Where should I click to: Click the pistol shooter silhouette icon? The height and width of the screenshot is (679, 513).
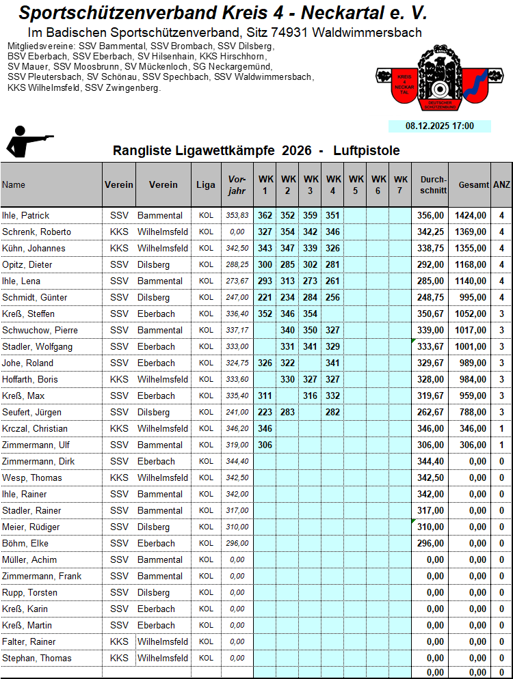pos(27,142)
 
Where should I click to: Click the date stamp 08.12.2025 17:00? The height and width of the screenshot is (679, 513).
pos(440,126)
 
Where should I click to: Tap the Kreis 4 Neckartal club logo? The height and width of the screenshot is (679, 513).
pos(432,80)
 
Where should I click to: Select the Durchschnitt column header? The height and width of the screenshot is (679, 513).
pos(433,184)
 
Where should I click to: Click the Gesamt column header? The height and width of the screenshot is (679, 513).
pos(473,184)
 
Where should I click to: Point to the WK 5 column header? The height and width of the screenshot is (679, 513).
pos(355,184)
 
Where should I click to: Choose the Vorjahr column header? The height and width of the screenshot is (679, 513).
pos(236,184)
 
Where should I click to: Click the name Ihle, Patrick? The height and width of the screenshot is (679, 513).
pos(26,215)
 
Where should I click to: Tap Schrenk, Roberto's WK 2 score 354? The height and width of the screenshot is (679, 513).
pos(287,232)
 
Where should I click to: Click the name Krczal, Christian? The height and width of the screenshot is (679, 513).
pos(35,428)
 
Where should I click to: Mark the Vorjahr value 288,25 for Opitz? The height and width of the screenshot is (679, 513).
pos(237,264)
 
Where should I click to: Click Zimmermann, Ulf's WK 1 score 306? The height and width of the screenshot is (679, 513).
pos(265,445)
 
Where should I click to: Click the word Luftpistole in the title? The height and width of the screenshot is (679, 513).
pos(367,150)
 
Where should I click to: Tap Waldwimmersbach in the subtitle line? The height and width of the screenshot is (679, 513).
pos(371,32)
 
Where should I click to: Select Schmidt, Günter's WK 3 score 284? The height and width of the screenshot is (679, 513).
pos(310,297)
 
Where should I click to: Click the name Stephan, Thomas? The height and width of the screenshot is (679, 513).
pos(36,658)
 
